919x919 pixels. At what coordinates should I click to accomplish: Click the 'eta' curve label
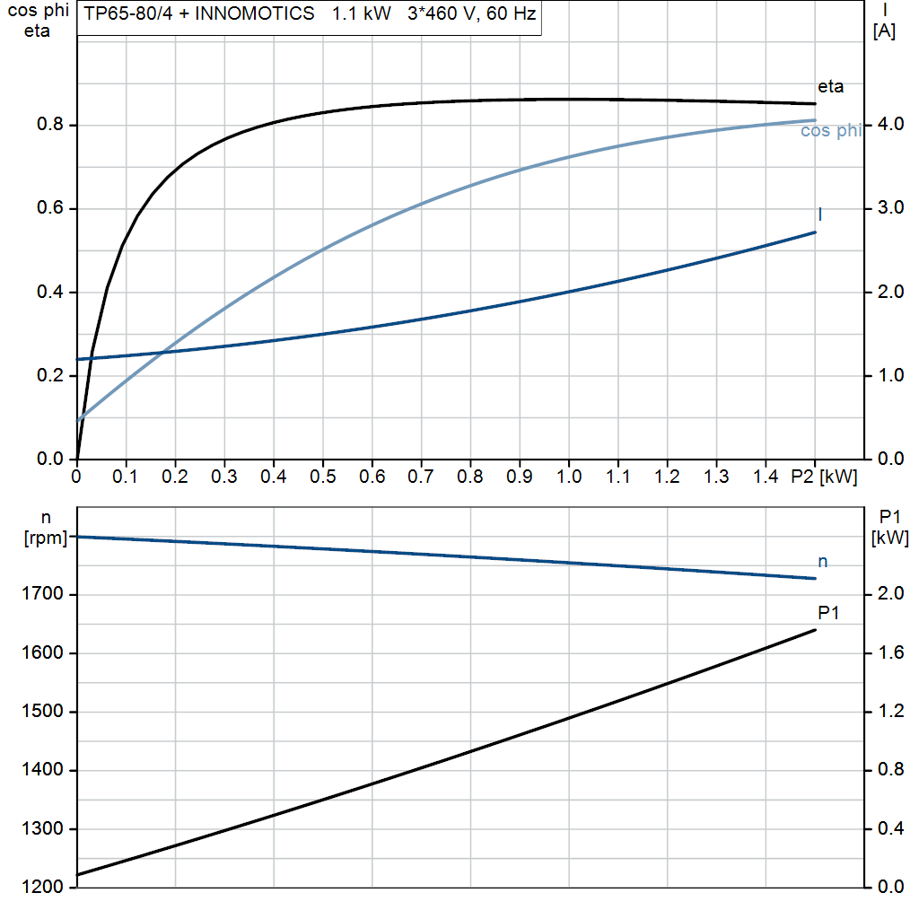tap(830, 87)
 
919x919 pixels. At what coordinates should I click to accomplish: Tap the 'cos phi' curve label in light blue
tap(830, 131)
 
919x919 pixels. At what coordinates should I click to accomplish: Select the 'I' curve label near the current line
tap(820, 214)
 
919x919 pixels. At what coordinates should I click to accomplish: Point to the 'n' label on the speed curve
tap(822, 562)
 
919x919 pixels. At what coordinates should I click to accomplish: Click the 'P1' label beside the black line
tap(828, 613)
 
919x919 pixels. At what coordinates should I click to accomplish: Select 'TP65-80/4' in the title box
tap(124, 14)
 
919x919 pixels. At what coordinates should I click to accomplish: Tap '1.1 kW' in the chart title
tap(362, 14)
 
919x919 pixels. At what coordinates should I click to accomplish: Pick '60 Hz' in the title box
tap(512, 14)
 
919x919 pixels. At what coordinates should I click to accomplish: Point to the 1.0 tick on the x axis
tap(568, 477)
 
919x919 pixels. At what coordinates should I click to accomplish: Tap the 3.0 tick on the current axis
tap(887, 208)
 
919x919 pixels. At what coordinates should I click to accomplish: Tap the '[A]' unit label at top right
tap(883, 31)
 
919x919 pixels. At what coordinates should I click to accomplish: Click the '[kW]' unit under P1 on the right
tap(889, 538)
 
